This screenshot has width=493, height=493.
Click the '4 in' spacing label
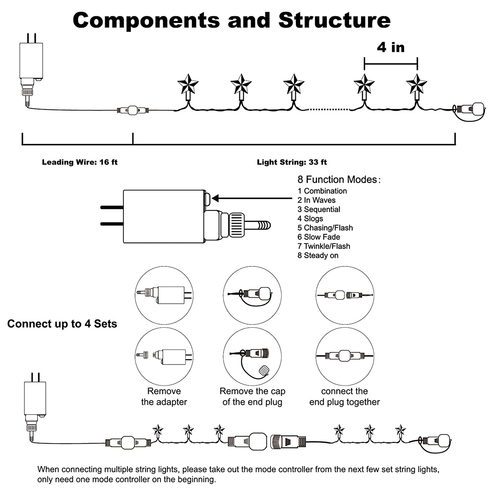click(x=391, y=48)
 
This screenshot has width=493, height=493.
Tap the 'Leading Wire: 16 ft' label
click(x=80, y=162)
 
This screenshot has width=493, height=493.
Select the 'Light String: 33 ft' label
click(x=292, y=162)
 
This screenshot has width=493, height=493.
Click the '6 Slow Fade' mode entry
click(x=319, y=237)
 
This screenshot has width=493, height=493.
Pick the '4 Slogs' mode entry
click(x=310, y=218)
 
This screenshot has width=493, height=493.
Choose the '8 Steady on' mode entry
click(x=318, y=255)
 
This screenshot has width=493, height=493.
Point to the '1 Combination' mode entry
click(x=322, y=191)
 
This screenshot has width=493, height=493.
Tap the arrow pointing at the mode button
click(x=253, y=198)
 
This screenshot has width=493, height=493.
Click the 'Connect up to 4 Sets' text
click(x=62, y=324)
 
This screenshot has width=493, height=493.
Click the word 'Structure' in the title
click(x=334, y=20)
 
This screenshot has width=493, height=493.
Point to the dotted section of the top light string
click(x=329, y=109)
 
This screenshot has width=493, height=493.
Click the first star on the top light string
click(x=188, y=84)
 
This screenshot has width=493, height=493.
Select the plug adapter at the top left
click(x=31, y=61)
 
